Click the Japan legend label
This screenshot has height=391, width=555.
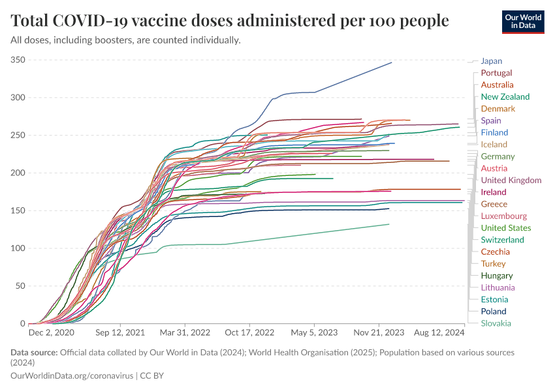(491, 61)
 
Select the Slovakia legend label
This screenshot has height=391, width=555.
(496, 323)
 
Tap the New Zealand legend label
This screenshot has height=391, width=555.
(505, 96)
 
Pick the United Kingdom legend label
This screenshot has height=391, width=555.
(511, 180)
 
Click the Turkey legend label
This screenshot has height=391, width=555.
(493, 263)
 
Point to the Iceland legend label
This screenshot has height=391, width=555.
(494, 144)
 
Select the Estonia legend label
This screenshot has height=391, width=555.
(495, 300)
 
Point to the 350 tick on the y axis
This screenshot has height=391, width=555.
(18, 60)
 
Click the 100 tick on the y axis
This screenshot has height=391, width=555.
(18, 248)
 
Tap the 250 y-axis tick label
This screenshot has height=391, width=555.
(18, 136)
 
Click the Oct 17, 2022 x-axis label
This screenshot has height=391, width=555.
(251, 332)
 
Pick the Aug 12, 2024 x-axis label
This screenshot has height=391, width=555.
(439, 332)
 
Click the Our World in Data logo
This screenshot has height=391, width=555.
(523, 22)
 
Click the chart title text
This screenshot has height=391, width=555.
(230, 21)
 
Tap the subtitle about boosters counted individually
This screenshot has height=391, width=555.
(126, 40)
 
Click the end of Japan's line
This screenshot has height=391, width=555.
(391, 63)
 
